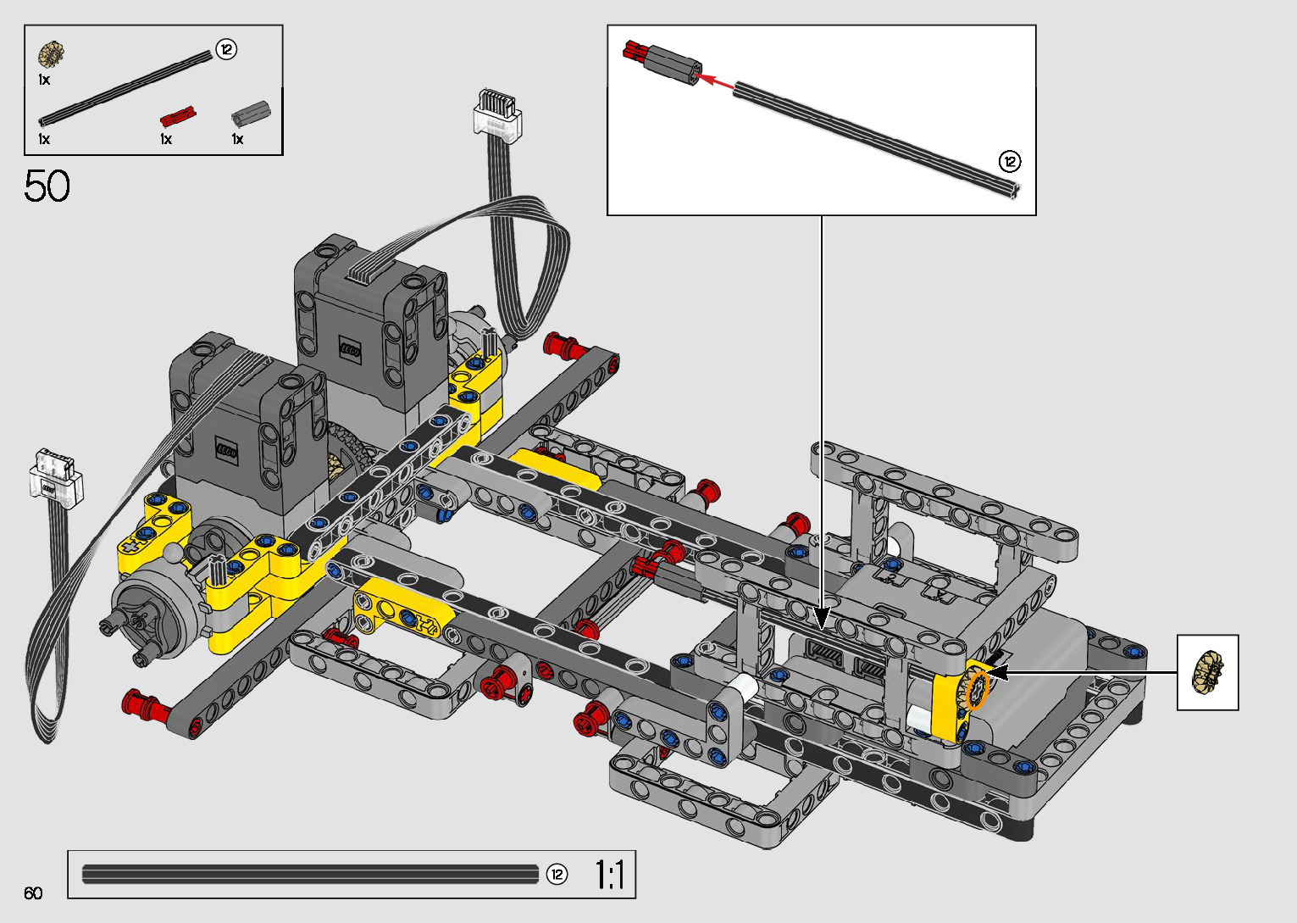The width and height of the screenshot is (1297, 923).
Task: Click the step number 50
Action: coord(47,186)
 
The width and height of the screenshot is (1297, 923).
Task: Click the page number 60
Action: coord(33,892)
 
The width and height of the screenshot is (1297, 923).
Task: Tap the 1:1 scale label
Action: coord(610,875)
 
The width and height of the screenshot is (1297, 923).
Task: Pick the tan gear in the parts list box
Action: coord(51,54)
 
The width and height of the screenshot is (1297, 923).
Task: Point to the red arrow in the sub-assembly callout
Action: coord(714,81)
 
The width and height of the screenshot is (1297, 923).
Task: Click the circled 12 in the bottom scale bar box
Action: coord(557,875)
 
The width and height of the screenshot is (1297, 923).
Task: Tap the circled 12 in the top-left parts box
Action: coord(226,49)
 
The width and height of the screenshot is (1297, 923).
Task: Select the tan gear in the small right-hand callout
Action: coord(1208,671)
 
